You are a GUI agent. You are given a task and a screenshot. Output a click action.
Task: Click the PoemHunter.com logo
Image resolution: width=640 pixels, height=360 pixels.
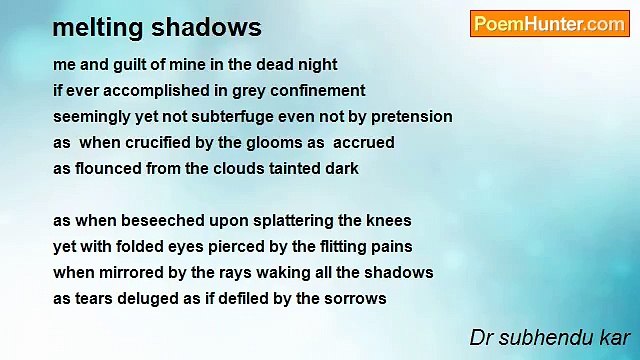(549, 24)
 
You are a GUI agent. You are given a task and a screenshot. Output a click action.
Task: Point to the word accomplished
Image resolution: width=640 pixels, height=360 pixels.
(151, 91)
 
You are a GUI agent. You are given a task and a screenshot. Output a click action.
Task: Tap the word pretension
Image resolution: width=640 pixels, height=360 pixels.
(408, 117)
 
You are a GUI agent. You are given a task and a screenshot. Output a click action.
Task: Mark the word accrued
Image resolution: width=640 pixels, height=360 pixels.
(363, 143)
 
